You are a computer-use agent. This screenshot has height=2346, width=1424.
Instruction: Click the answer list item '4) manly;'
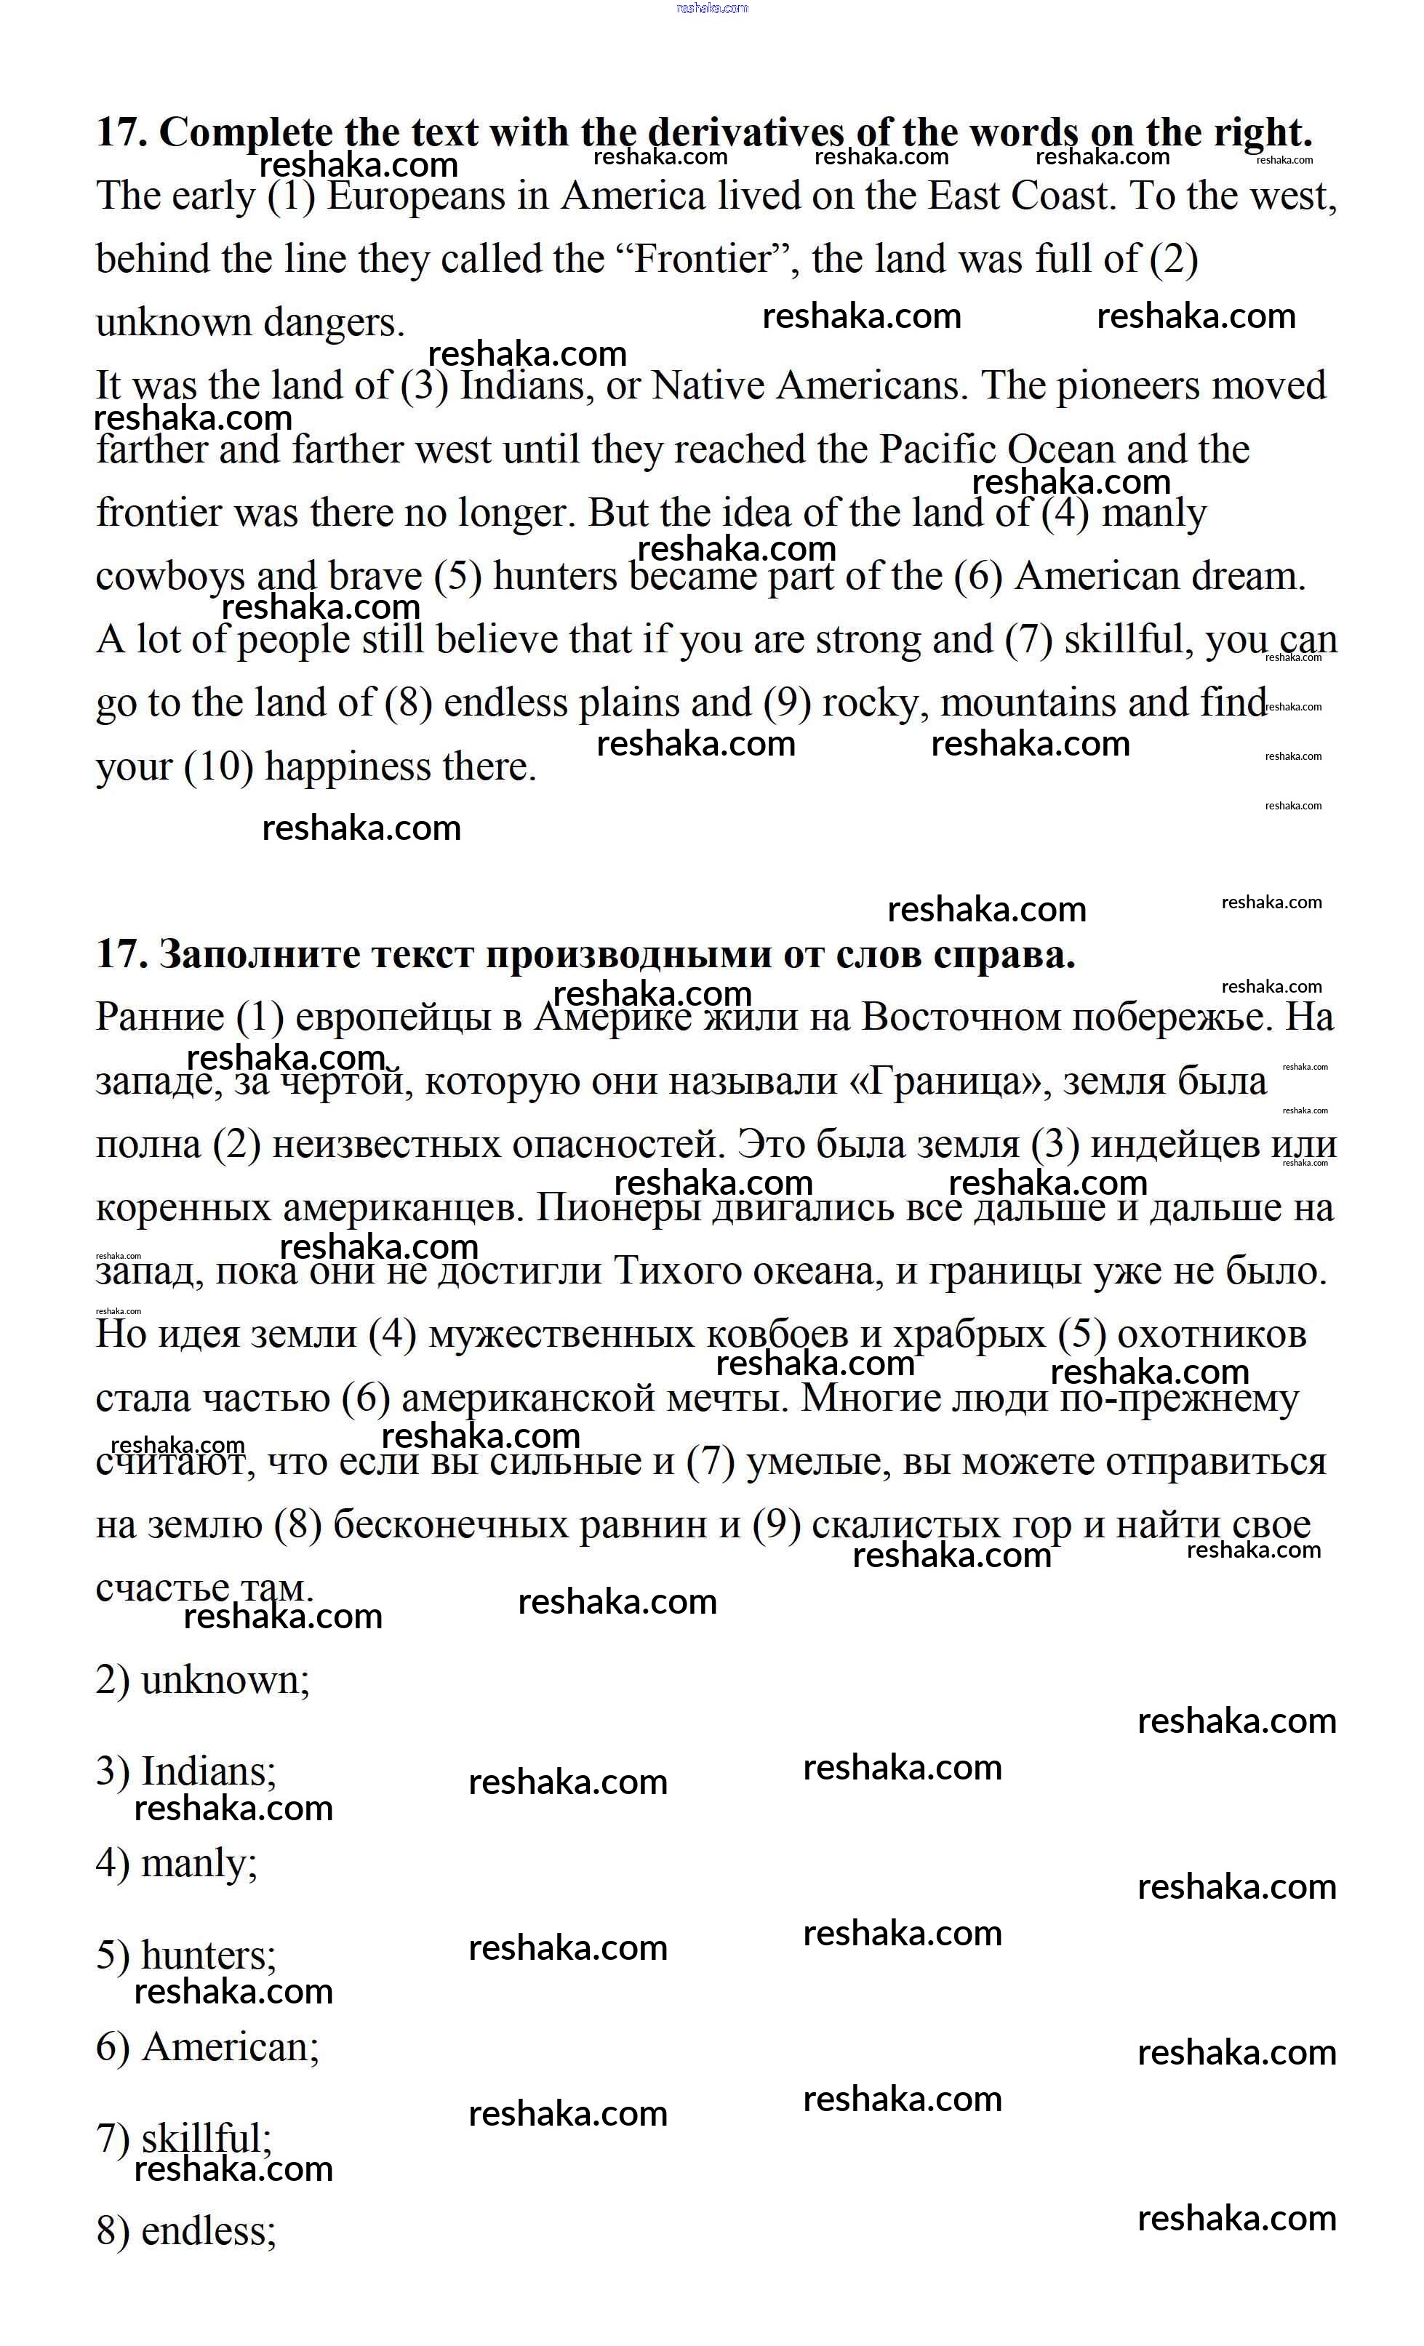pos(176,1863)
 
